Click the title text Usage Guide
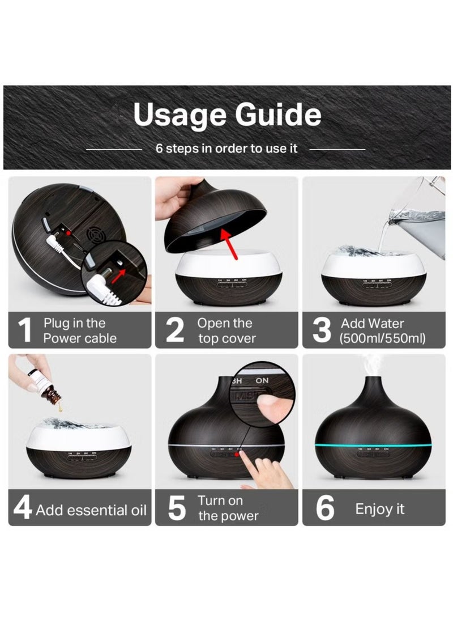[227, 115]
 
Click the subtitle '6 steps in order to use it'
[226, 149]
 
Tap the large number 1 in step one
[24, 331]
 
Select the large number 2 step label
[175, 331]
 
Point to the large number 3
[322, 331]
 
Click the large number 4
[23, 508]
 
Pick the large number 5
[177, 508]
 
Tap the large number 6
[325, 508]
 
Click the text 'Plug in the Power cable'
[80, 331]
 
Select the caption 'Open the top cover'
[226, 331]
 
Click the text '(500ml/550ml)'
[382, 339]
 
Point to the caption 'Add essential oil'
[91, 510]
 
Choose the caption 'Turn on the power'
[228, 508]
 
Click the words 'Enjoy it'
[380, 509]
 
